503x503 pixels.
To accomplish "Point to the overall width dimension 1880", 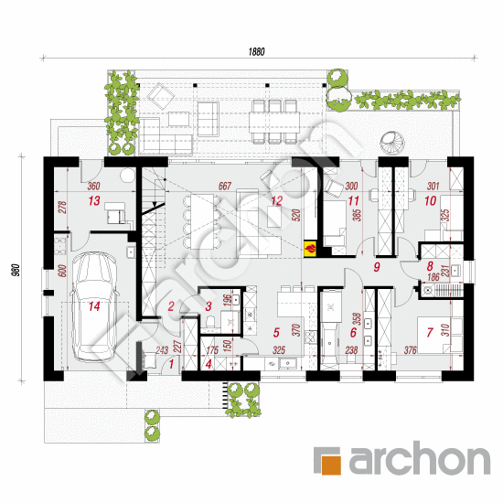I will coord(256,51).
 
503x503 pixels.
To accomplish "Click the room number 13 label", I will coord(92,198).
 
